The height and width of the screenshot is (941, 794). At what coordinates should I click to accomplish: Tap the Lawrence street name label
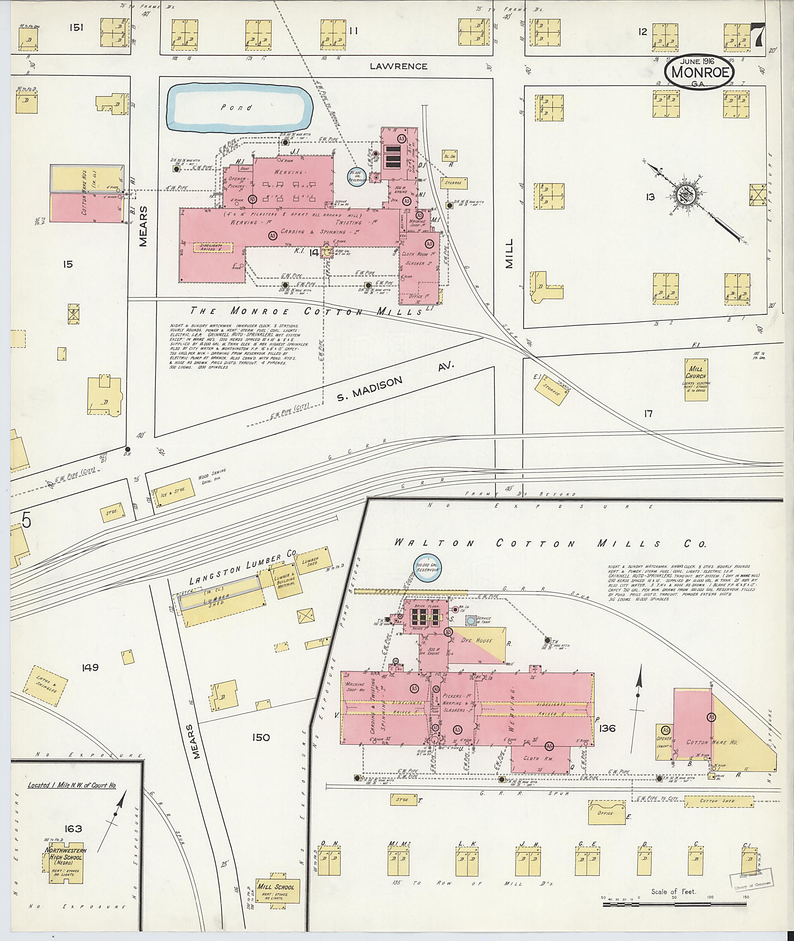pyautogui.click(x=398, y=67)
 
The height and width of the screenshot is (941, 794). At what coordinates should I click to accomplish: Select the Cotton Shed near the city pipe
pyautogui.click(x=719, y=801)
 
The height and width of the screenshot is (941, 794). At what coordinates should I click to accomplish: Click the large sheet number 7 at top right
pyautogui.click(x=758, y=36)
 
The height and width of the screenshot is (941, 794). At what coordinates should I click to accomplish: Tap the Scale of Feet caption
pyautogui.click(x=673, y=891)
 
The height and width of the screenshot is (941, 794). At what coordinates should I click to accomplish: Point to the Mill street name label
pyautogui.click(x=509, y=254)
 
